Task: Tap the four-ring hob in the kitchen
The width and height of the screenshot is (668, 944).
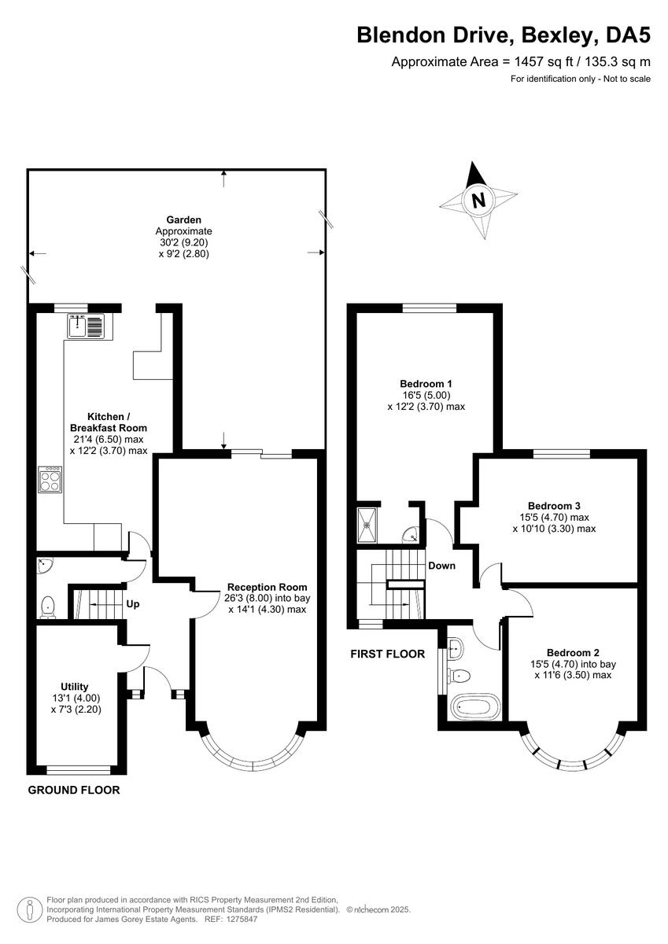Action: pos(50,479)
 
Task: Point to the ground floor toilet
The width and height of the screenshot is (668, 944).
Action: pos(49,606)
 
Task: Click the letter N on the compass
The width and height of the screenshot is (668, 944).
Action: pos(478,200)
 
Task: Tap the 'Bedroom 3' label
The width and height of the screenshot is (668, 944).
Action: pos(553,506)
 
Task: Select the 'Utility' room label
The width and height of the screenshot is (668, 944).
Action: pos(75,686)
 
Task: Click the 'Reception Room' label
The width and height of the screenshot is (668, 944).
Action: pos(267,587)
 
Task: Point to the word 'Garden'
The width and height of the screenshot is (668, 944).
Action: pos(183,219)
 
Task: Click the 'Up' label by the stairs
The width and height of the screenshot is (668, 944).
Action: pos(133,605)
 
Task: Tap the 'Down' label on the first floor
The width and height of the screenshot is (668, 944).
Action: pos(441,566)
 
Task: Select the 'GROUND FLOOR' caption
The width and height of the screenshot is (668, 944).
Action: pos(74,790)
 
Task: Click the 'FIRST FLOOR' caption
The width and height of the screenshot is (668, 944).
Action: pos(389,654)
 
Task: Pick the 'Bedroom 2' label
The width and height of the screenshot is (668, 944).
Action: pos(573,653)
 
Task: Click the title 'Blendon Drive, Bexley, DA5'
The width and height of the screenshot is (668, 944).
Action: pos(504,35)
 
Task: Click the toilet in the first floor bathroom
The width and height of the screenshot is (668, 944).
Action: pos(460,675)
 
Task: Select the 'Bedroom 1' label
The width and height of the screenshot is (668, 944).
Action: pos(426,384)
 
